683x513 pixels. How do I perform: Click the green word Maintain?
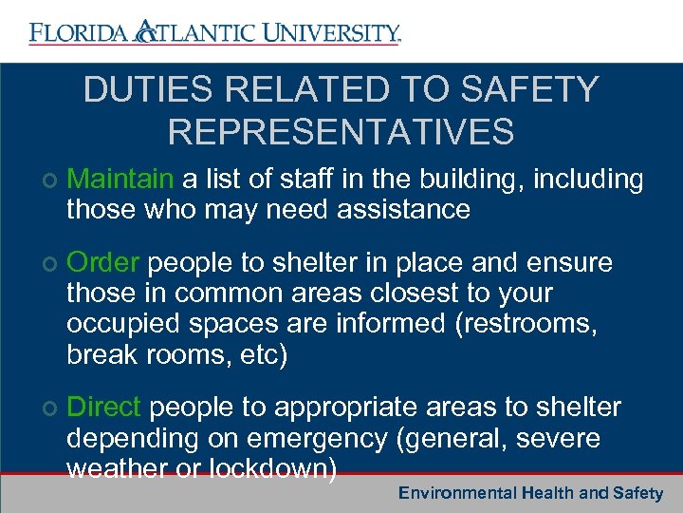tap(120, 179)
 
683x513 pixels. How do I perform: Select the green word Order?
tap(104, 262)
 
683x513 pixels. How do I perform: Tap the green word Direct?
tap(104, 408)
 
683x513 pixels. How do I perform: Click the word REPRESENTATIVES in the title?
tap(341, 131)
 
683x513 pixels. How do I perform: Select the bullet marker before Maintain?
tap(48, 180)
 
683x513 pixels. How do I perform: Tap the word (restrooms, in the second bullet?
tap(526, 324)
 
